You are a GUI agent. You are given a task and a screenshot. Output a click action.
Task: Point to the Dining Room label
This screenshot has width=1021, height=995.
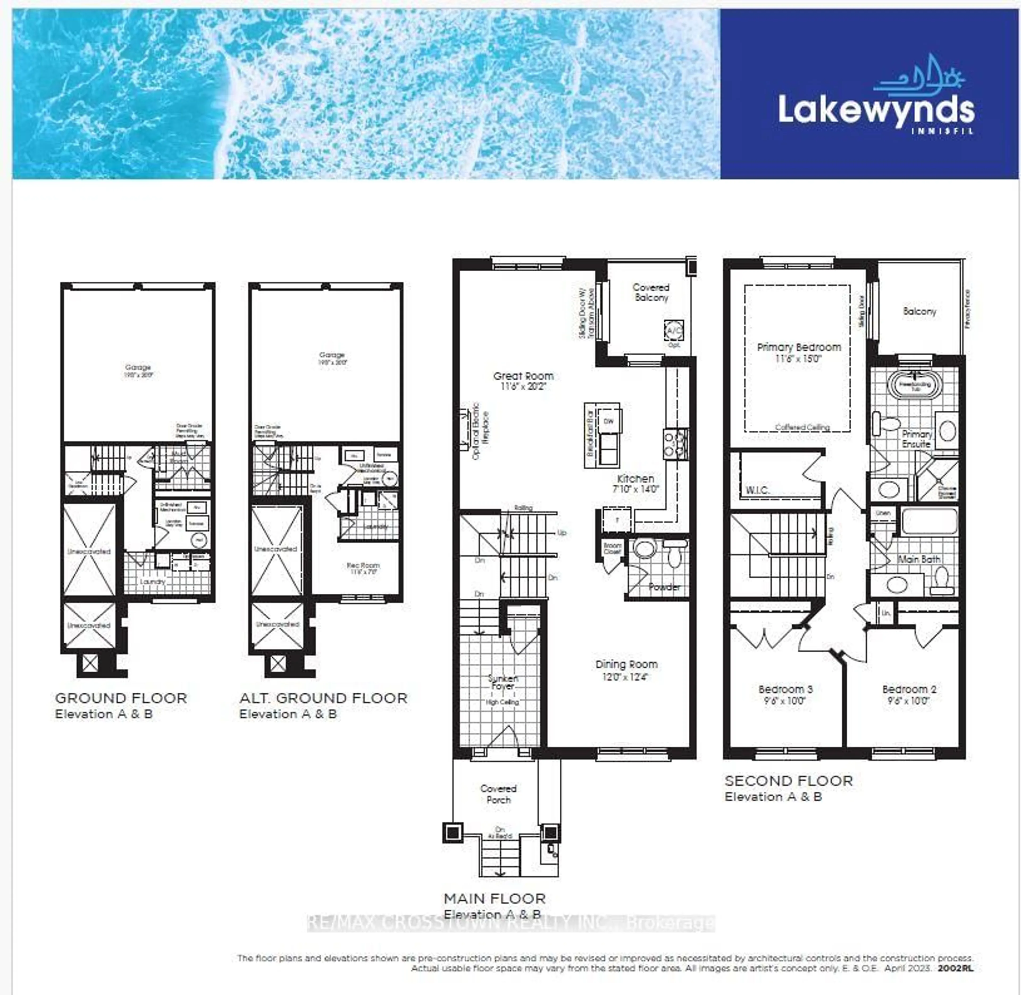(626, 665)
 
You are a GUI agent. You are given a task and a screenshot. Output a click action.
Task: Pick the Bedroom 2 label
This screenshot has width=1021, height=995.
(909, 689)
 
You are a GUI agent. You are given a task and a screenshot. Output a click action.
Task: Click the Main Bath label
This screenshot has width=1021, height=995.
(919, 559)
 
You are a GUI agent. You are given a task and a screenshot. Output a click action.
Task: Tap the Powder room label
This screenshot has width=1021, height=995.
(664, 587)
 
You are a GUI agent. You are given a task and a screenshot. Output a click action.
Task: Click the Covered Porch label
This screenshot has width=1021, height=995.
(498, 794)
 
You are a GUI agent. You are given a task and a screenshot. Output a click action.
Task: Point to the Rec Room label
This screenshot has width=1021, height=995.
(363, 565)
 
